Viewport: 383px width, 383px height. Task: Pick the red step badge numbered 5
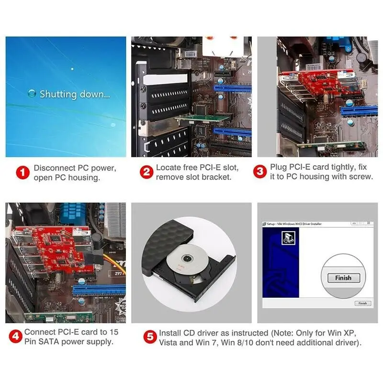coord(150,337)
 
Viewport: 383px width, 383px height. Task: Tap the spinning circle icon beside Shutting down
coord(32,94)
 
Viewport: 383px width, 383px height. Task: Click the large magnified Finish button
coord(343,278)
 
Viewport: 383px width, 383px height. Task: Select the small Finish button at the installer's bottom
coord(362,303)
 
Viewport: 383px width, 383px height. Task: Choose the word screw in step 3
coord(362,177)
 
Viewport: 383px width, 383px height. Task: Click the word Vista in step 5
coord(170,342)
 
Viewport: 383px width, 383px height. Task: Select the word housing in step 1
coord(84,178)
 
